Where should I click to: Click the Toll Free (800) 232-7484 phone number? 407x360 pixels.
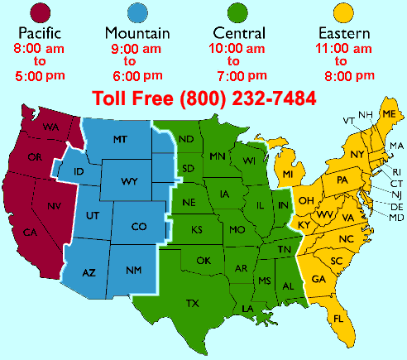(x=203, y=98)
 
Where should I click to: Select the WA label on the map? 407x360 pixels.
(x=51, y=127)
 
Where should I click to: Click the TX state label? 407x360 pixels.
(x=193, y=303)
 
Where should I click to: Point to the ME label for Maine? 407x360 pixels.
(x=389, y=125)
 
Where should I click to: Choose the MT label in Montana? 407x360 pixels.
(x=119, y=141)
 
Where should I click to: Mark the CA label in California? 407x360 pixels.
(x=30, y=232)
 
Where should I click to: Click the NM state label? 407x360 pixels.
(x=133, y=270)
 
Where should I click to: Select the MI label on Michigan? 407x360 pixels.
(x=288, y=175)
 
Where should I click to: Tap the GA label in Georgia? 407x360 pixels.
(x=318, y=279)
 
